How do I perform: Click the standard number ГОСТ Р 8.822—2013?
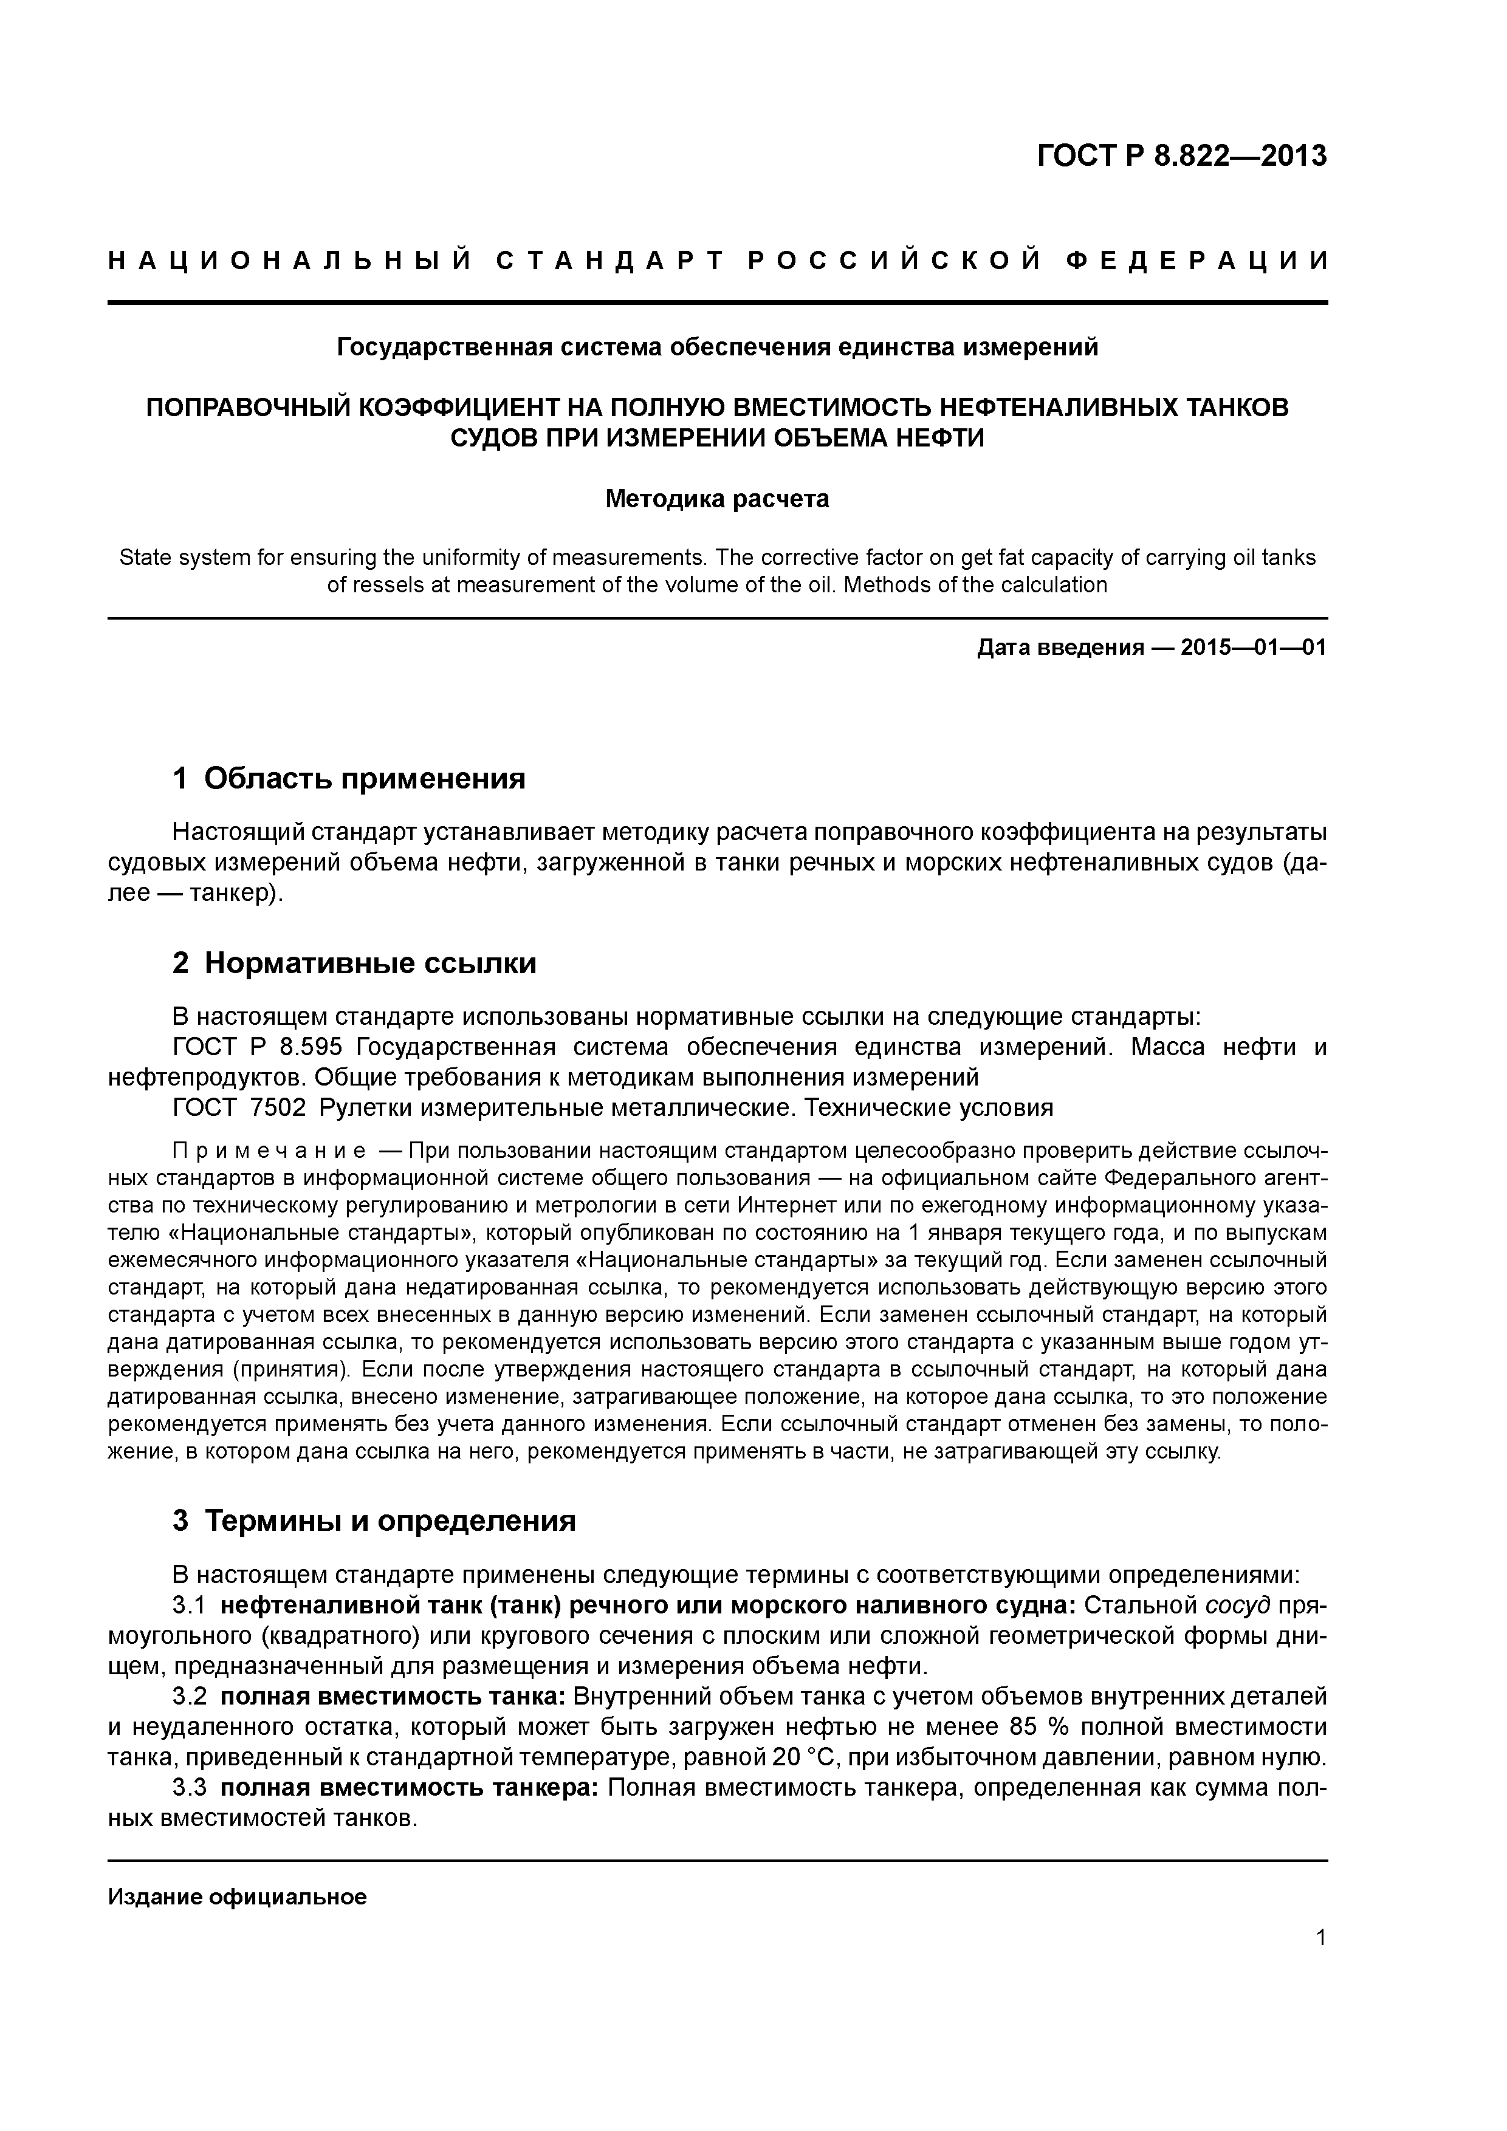[x=1181, y=156]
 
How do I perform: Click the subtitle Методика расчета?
[x=717, y=499]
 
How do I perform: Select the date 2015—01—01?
[x=1254, y=648]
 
